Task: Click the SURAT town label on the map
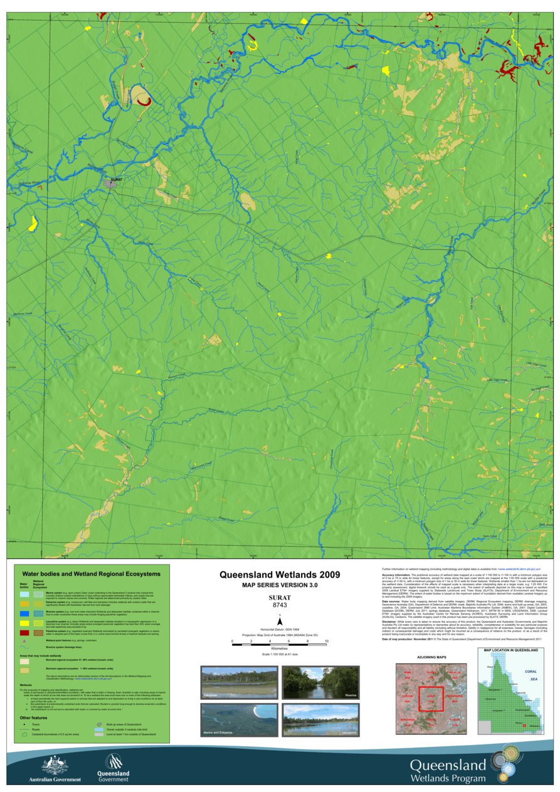click(x=115, y=179)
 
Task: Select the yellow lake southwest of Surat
click(x=32, y=224)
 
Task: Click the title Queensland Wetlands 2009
click(x=280, y=574)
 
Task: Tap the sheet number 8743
click(x=280, y=605)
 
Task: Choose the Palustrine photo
click(x=239, y=683)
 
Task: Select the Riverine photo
click(x=320, y=683)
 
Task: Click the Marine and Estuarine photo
click(x=239, y=720)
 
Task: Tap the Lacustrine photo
click(x=320, y=720)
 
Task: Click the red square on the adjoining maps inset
click(x=431, y=699)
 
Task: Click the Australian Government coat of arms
click(x=55, y=764)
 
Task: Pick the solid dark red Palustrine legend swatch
click(x=24, y=633)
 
